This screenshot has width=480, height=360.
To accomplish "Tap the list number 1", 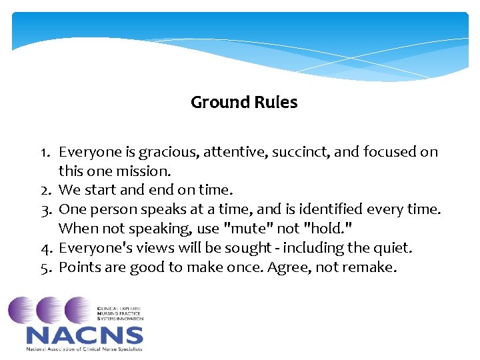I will point(45,152).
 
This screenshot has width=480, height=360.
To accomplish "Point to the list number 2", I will point(45,191).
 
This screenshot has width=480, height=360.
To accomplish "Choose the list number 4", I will point(45,249).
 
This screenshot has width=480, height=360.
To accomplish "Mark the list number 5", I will point(45,268).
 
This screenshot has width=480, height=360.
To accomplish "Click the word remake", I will point(373,268).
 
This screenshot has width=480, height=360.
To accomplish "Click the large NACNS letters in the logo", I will point(85,335).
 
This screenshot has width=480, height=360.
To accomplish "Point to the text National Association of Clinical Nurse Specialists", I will point(85,349).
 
